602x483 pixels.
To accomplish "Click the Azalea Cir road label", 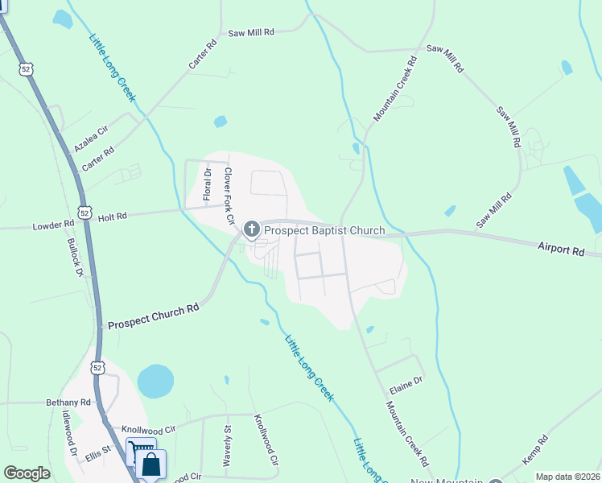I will (90, 138).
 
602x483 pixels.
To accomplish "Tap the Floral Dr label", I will (207, 184).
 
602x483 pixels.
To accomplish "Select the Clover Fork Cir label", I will (228, 196).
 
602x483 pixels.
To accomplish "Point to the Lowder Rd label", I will (53, 226).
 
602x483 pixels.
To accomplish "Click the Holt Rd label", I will (112, 217).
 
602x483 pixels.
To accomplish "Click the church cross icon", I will (251, 231).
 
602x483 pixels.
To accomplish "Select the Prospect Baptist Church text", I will (325, 231).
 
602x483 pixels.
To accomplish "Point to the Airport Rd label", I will (560, 251).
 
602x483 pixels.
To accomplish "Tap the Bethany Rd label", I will (68, 402).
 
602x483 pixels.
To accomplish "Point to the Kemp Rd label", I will (534, 449).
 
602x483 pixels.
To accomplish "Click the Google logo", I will (27, 473).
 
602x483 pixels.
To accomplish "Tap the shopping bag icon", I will (150, 464).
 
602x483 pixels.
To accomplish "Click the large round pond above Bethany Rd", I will (155, 381).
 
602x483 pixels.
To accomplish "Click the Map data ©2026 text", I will (567, 477).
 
